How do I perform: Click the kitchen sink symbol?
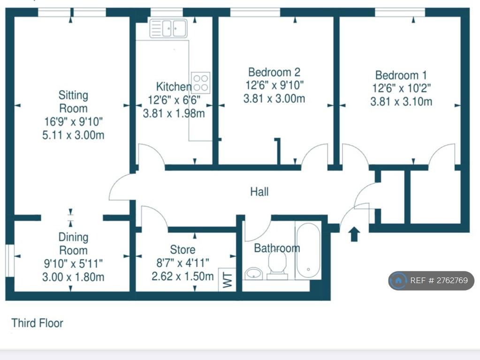point(168,29)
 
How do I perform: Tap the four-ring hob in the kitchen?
point(201,82)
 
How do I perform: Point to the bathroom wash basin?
point(254,273)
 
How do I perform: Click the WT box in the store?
point(227,279)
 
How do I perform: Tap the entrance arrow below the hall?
point(354,234)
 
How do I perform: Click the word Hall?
point(259,192)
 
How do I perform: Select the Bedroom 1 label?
point(401,75)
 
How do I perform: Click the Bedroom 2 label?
point(274,72)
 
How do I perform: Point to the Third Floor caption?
point(38,323)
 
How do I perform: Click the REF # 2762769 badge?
point(431,280)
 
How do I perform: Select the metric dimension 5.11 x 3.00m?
point(73,135)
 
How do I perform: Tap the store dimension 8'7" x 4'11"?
point(183,263)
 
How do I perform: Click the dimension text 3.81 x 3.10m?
point(401,101)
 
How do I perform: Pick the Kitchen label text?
point(174,87)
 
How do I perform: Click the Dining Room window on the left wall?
point(10,261)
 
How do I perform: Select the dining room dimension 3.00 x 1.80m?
point(73,277)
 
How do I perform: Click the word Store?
point(183,249)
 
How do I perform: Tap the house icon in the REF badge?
point(398,280)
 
